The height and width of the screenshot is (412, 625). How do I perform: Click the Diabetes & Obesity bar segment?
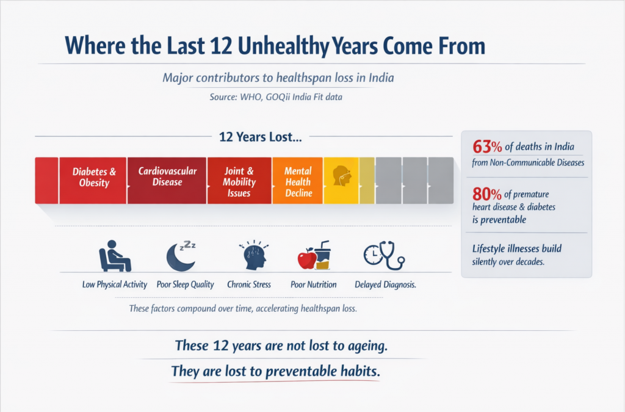(x=93, y=180)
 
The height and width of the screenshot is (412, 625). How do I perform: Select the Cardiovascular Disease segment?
(x=167, y=180)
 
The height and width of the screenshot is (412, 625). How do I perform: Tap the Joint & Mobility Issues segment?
(x=239, y=180)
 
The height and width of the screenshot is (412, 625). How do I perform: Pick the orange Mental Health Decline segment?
(x=298, y=180)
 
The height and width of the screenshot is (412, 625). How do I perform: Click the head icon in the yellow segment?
(x=341, y=176)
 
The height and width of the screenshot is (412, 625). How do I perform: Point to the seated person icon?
(x=115, y=256)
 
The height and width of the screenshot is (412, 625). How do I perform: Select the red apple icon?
(x=306, y=259)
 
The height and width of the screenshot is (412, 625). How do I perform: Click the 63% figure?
(x=487, y=147)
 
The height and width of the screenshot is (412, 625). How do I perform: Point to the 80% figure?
(x=487, y=194)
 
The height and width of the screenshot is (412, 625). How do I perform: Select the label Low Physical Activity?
(x=115, y=284)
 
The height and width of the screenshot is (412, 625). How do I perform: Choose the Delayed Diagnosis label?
(x=385, y=284)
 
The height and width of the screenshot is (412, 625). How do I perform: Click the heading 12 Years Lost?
(x=260, y=138)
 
